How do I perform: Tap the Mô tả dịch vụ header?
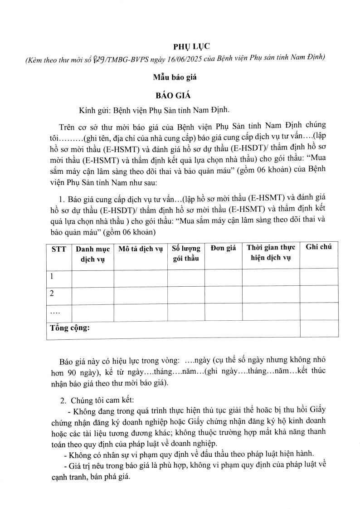[x=140, y=248]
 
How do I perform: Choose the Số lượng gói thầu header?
[x=186, y=253]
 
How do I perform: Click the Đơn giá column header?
[x=223, y=248]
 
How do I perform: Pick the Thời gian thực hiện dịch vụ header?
[x=271, y=253]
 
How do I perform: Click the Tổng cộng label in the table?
[x=70, y=328]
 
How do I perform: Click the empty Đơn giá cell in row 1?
[x=223, y=277]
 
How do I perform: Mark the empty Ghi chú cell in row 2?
[x=319, y=294]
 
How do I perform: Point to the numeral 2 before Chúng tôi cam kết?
[x=63, y=401]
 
